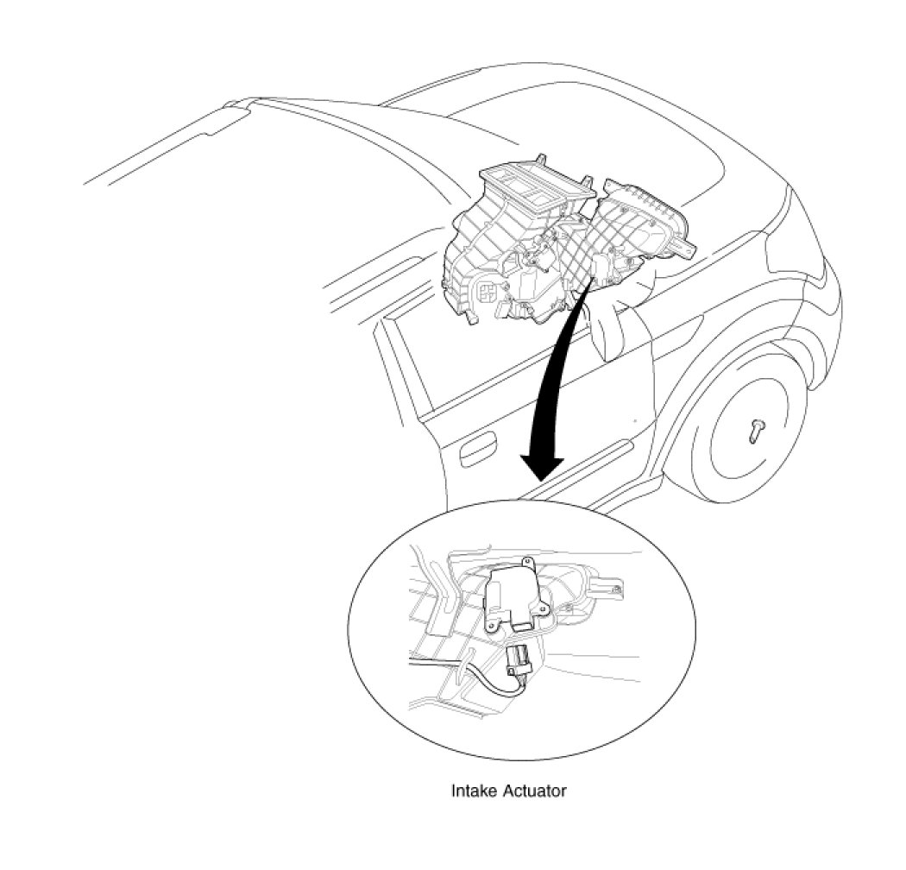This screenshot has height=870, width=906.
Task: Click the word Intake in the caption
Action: [x=471, y=790]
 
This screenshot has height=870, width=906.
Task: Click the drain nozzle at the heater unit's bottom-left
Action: [x=471, y=321]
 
